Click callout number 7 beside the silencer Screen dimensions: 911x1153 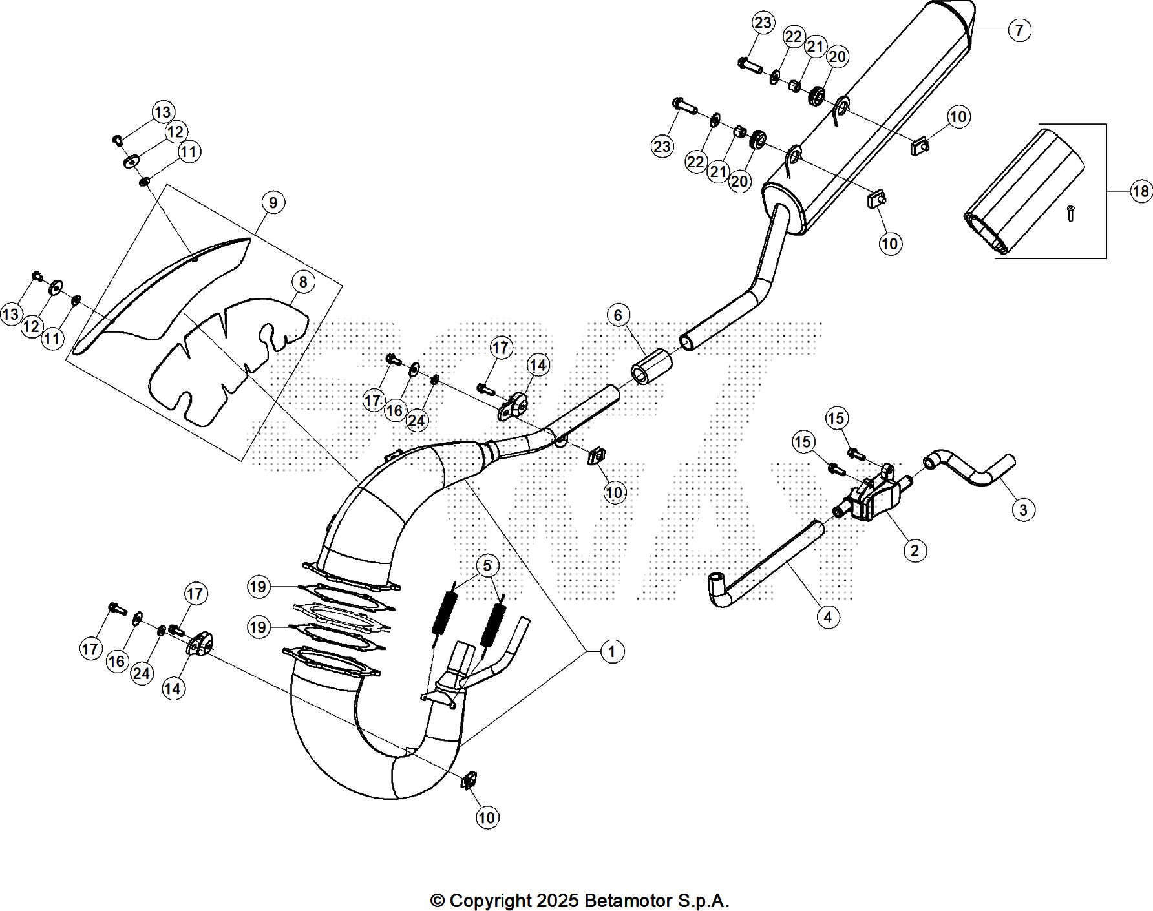coord(1019,30)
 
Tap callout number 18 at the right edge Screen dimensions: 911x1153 coord(1141,191)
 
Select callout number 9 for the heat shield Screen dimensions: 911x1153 coord(273,203)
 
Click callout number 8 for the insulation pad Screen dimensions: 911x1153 coord(302,282)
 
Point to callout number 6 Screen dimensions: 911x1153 coord(618,315)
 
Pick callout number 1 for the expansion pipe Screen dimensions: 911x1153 coord(612,652)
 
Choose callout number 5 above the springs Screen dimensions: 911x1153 coord(487,566)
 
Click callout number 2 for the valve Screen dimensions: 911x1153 coord(915,550)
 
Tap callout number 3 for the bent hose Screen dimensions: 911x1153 coord(1023,510)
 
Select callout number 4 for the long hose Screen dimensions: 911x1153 coord(828,617)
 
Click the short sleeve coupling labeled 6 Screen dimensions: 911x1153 coord(651,366)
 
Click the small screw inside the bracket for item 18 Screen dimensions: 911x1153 coord(1070,213)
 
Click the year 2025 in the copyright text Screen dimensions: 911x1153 coord(558,901)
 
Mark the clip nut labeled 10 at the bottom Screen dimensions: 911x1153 coord(469,780)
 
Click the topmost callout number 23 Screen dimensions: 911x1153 coord(763,23)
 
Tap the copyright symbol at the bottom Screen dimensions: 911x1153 coord(438,901)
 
